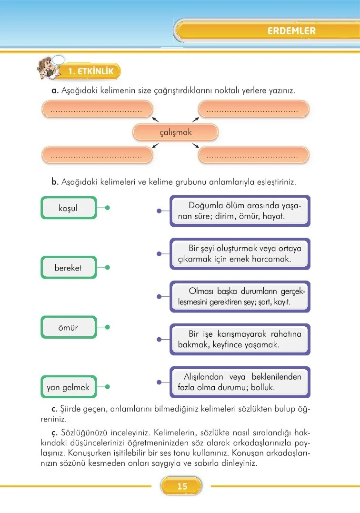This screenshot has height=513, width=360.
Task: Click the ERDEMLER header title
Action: click(x=291, y=31)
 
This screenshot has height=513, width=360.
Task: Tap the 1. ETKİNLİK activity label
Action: click(x=91, y=71)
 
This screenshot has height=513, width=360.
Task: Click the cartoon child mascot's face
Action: click(x=48, y=64)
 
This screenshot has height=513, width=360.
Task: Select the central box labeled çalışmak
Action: click(x=176, y=132)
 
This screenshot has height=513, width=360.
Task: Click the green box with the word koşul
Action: click(x=69, y=208)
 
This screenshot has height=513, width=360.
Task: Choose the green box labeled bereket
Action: click(x=69, y=267)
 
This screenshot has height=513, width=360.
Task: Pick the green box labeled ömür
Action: click(x=69, y=327)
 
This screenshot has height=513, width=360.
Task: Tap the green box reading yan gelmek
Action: click(x=69, y=387)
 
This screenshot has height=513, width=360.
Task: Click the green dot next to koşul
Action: click(x=107, y=208)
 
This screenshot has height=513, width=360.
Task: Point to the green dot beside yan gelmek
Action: click(x=107, y=387)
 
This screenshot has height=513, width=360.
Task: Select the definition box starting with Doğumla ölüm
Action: click(x=240, y=211)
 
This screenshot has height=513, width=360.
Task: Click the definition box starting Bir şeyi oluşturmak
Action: click(x=240, y=254)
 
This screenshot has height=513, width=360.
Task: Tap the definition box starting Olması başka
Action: click(x=240, y=297)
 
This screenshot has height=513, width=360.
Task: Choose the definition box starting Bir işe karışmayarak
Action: click(x=240, y=339)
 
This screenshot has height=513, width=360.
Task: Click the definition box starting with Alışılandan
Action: click(x=240, y=382)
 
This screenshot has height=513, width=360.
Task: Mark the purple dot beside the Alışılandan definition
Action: click(x=159, y=382)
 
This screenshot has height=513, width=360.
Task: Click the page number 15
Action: click(x=182, y=486)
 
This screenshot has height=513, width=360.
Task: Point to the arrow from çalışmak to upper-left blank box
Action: click(x=155, y=120)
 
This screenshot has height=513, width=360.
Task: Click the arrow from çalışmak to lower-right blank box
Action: click(x=196, y=146)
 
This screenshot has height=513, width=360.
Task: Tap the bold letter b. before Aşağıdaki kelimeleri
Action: click(x=55, y=181)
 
